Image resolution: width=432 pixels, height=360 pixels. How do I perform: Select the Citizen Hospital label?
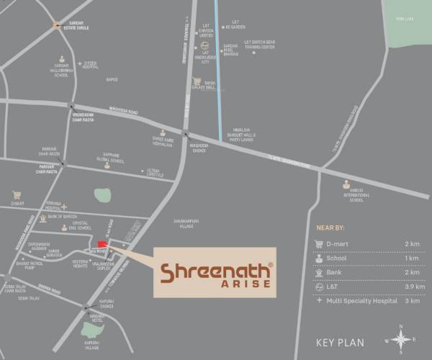pos(91,64)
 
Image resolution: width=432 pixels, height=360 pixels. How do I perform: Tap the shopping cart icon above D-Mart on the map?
pos(16,194)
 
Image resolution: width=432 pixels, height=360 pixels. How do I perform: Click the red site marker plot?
pos(102,245)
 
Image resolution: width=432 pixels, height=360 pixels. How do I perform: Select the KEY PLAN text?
pos(341,341)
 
